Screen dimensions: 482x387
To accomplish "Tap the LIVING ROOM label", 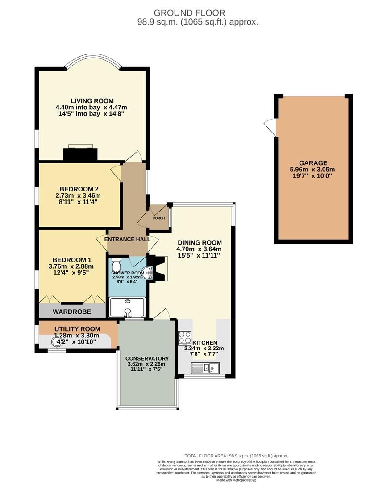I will [x=92, y=100].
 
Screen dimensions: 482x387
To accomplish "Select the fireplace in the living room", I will [x=80, y=153].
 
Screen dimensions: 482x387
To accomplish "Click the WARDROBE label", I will [x=72, y=311].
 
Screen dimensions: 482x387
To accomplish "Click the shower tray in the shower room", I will [x=128, y=307].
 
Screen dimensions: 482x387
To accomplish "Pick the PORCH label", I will [x=159, y=218].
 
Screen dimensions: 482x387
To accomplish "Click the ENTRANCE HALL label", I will [x=127, y=239].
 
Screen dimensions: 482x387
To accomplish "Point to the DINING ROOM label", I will [x=200, y=242].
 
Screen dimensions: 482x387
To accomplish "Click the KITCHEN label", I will [x=205, y=342].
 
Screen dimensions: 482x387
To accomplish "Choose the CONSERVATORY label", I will [x=147, y=358].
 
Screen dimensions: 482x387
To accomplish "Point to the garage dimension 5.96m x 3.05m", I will [x=313, y=169].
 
